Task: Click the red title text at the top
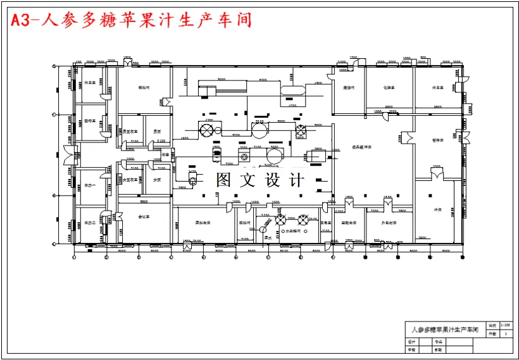(x=132, y=20)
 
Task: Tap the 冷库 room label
(x=437, y=209)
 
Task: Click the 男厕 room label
(x=157, y=131)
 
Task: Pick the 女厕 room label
(x=157, y=180)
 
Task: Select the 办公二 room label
(x=90, y=223)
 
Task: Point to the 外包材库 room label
(x=388, y=223)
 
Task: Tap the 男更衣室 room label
(x=130, y=131)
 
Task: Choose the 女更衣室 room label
(x=130, y=180)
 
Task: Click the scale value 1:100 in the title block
(x=504, y=325)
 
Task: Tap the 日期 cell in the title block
(x=438, y=349)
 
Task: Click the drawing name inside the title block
(x=443, y=330)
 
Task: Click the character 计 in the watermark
(x=296, y=180)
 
